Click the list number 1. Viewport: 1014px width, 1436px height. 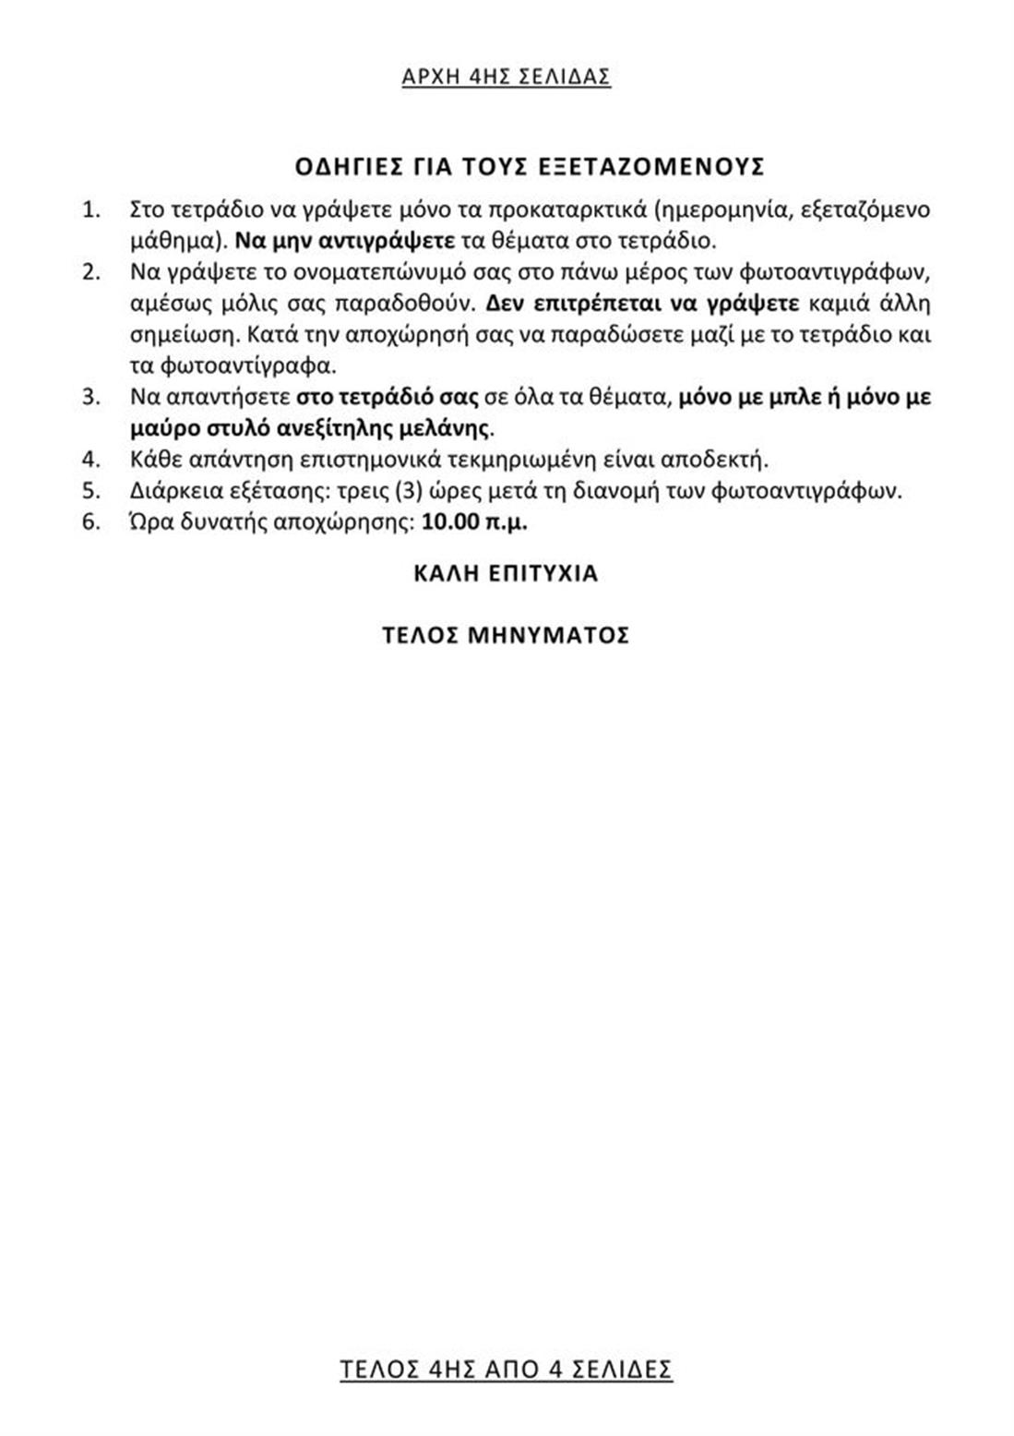pyautogui.click(x=90, y=209)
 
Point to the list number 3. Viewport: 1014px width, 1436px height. pyautogui.click(x=90, y=397)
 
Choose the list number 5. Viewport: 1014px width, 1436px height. pyautogui.click(x=90, y=490)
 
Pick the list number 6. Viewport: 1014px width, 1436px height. pyautogui.click(x=90, y=521)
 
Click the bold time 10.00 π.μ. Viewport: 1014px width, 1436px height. pyautogui.click(x=474, y=521)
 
